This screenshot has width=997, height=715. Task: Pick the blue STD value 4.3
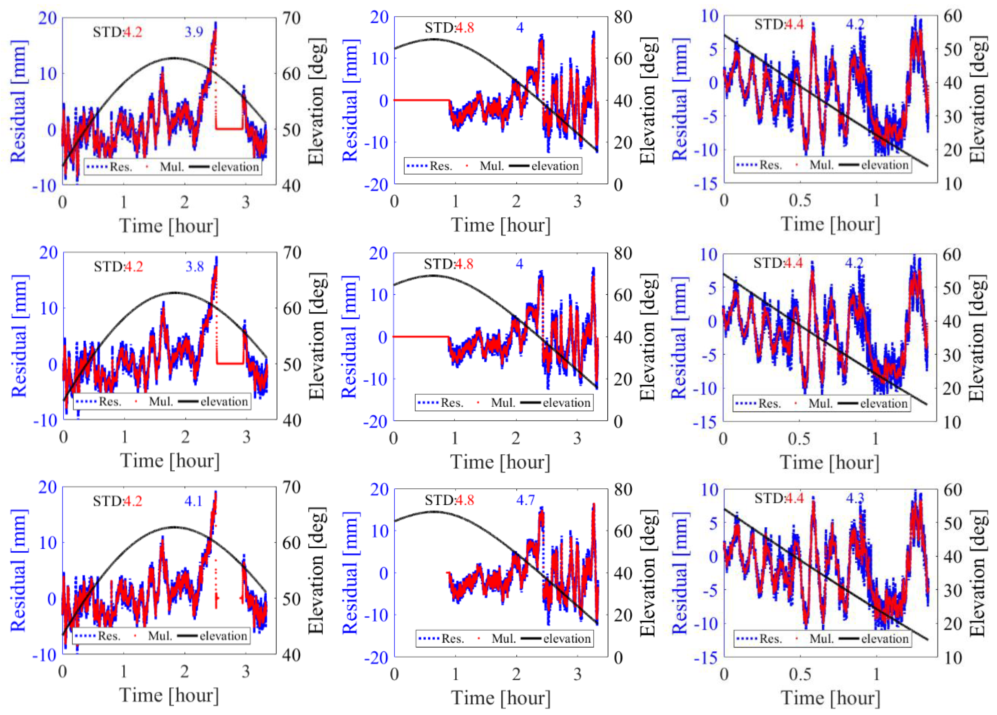click(x=855, y=498)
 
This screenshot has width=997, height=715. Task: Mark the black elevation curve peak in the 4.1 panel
click(x=175, y=527)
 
